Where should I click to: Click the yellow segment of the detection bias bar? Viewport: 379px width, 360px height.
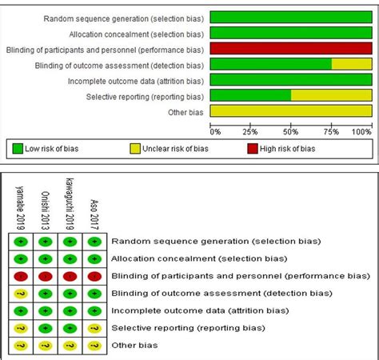[351, 64]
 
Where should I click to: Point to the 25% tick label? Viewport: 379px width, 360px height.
[249, 131]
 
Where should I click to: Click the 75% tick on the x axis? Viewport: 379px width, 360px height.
[331, 131]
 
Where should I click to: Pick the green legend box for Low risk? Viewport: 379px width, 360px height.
[20, 148]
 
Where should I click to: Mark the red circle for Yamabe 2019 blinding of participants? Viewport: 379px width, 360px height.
[21, 275]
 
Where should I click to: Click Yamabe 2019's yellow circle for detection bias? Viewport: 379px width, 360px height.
[21, 293]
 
